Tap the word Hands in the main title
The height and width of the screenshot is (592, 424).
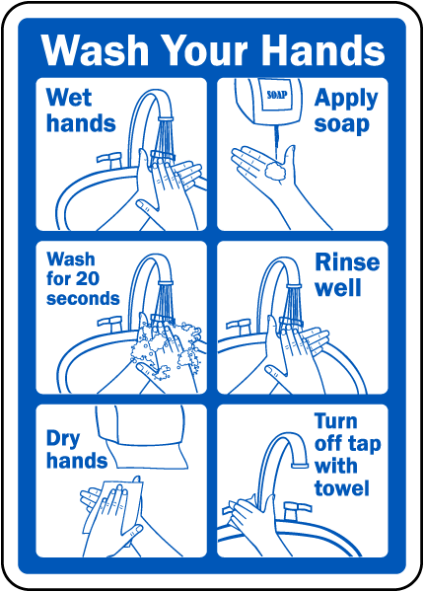[x=322, y=50]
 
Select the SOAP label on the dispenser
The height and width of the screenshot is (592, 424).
[x=277, y=95]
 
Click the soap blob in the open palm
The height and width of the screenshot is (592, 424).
[x=275, y=171]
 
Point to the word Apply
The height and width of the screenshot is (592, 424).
[x=346, y=99]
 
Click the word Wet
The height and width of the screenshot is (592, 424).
[x=69, y=98]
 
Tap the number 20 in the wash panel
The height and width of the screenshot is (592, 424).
[x=88, y=278]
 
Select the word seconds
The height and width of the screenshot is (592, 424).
[x=83, y=298]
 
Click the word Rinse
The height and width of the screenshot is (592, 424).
[x=347, y=262]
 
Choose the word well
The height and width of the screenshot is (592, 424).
[x=338, y=288]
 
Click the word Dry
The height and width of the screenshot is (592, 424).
[x=63, y=439]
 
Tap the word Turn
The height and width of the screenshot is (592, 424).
[x=335, y=421]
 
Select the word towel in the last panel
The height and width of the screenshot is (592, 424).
[x=341, y=488]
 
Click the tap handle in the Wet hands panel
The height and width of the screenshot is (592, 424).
[x=109, y=160]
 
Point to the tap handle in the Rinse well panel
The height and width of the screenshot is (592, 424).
[x=239, y=326]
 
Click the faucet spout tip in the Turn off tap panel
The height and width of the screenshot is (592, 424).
[x=300, y=466]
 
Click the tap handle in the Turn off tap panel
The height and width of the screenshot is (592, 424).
[x=298, y=510]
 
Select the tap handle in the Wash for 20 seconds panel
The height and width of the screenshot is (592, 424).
[x=109, y=324]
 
